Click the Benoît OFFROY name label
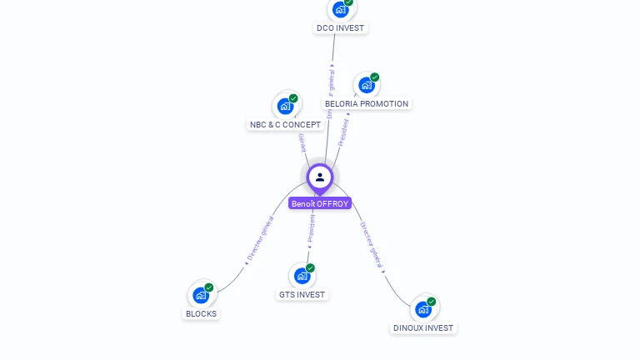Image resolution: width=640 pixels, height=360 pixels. [x=320, y=203]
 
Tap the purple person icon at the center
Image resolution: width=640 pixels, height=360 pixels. [x=320, y=177]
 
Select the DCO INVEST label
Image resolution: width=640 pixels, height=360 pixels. [x=341, y=28]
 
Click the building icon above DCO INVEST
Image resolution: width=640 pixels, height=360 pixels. [x=340, y=9]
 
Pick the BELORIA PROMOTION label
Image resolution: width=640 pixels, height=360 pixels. [x=367, y=104]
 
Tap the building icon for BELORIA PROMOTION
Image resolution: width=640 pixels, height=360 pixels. [x=366, y=85]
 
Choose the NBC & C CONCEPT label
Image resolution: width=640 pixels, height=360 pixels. [x=285, y=125]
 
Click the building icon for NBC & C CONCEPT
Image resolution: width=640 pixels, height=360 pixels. [x=286, y=106]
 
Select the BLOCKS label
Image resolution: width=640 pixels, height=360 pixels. [x=201, y=314]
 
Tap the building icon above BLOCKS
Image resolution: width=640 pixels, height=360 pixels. [x=201, y=295]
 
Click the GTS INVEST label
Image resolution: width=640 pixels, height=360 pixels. [x=302, y=295]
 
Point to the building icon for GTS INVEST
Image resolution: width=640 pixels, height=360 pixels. [x=302, y=276]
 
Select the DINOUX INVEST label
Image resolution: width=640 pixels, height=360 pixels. [x=423, y=328]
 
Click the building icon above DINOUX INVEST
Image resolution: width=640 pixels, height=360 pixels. [x=423, y=309]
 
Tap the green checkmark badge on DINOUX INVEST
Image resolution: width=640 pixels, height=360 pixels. [x=431, y=302]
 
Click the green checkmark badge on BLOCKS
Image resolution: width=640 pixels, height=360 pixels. [x=209, y=287]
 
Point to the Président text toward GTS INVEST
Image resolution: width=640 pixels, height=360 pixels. [x=310, y=227]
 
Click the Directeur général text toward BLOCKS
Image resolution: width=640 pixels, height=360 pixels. [x=260, y=240]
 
